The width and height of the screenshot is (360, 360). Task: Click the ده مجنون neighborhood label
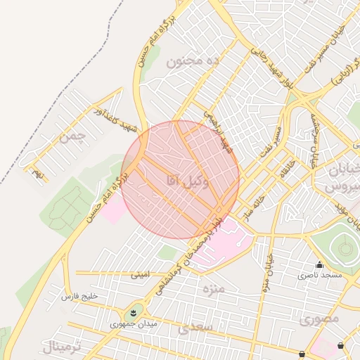click(x=193, y=62)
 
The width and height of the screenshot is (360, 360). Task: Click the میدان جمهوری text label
click(x=134, y=326)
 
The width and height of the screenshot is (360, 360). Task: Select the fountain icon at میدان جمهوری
click(x=134, y=311)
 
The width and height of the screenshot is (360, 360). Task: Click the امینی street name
click(x=140, y=275)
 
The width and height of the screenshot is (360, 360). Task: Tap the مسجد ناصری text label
click(x=319, y=275)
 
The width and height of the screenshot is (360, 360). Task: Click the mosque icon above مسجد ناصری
click(x=319, y=264)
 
